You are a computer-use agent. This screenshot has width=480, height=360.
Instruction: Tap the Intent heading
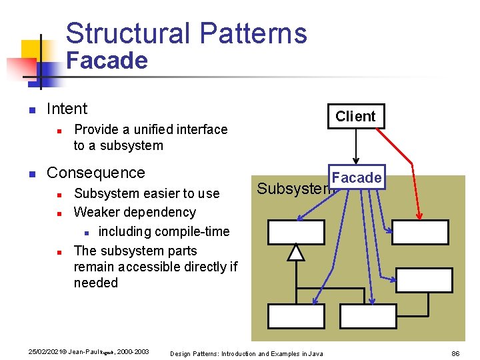67,109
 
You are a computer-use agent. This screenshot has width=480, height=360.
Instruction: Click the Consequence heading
95,173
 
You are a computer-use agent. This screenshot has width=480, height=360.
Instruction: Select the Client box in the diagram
355,116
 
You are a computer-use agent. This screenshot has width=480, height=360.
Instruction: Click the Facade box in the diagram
357,177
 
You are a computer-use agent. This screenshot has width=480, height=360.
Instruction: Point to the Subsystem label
293,189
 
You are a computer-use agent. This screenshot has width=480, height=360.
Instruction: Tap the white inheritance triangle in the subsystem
296,253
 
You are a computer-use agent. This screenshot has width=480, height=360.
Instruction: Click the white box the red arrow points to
420,233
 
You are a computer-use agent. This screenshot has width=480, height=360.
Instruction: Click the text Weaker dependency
135,212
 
